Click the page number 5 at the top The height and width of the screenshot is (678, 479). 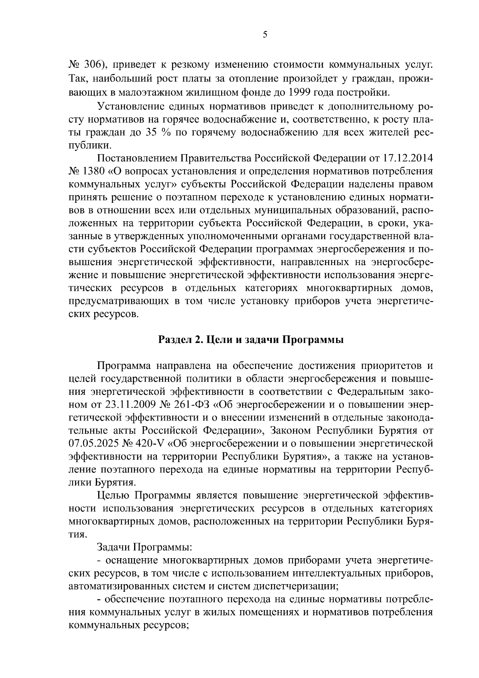[x=265, y=35]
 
